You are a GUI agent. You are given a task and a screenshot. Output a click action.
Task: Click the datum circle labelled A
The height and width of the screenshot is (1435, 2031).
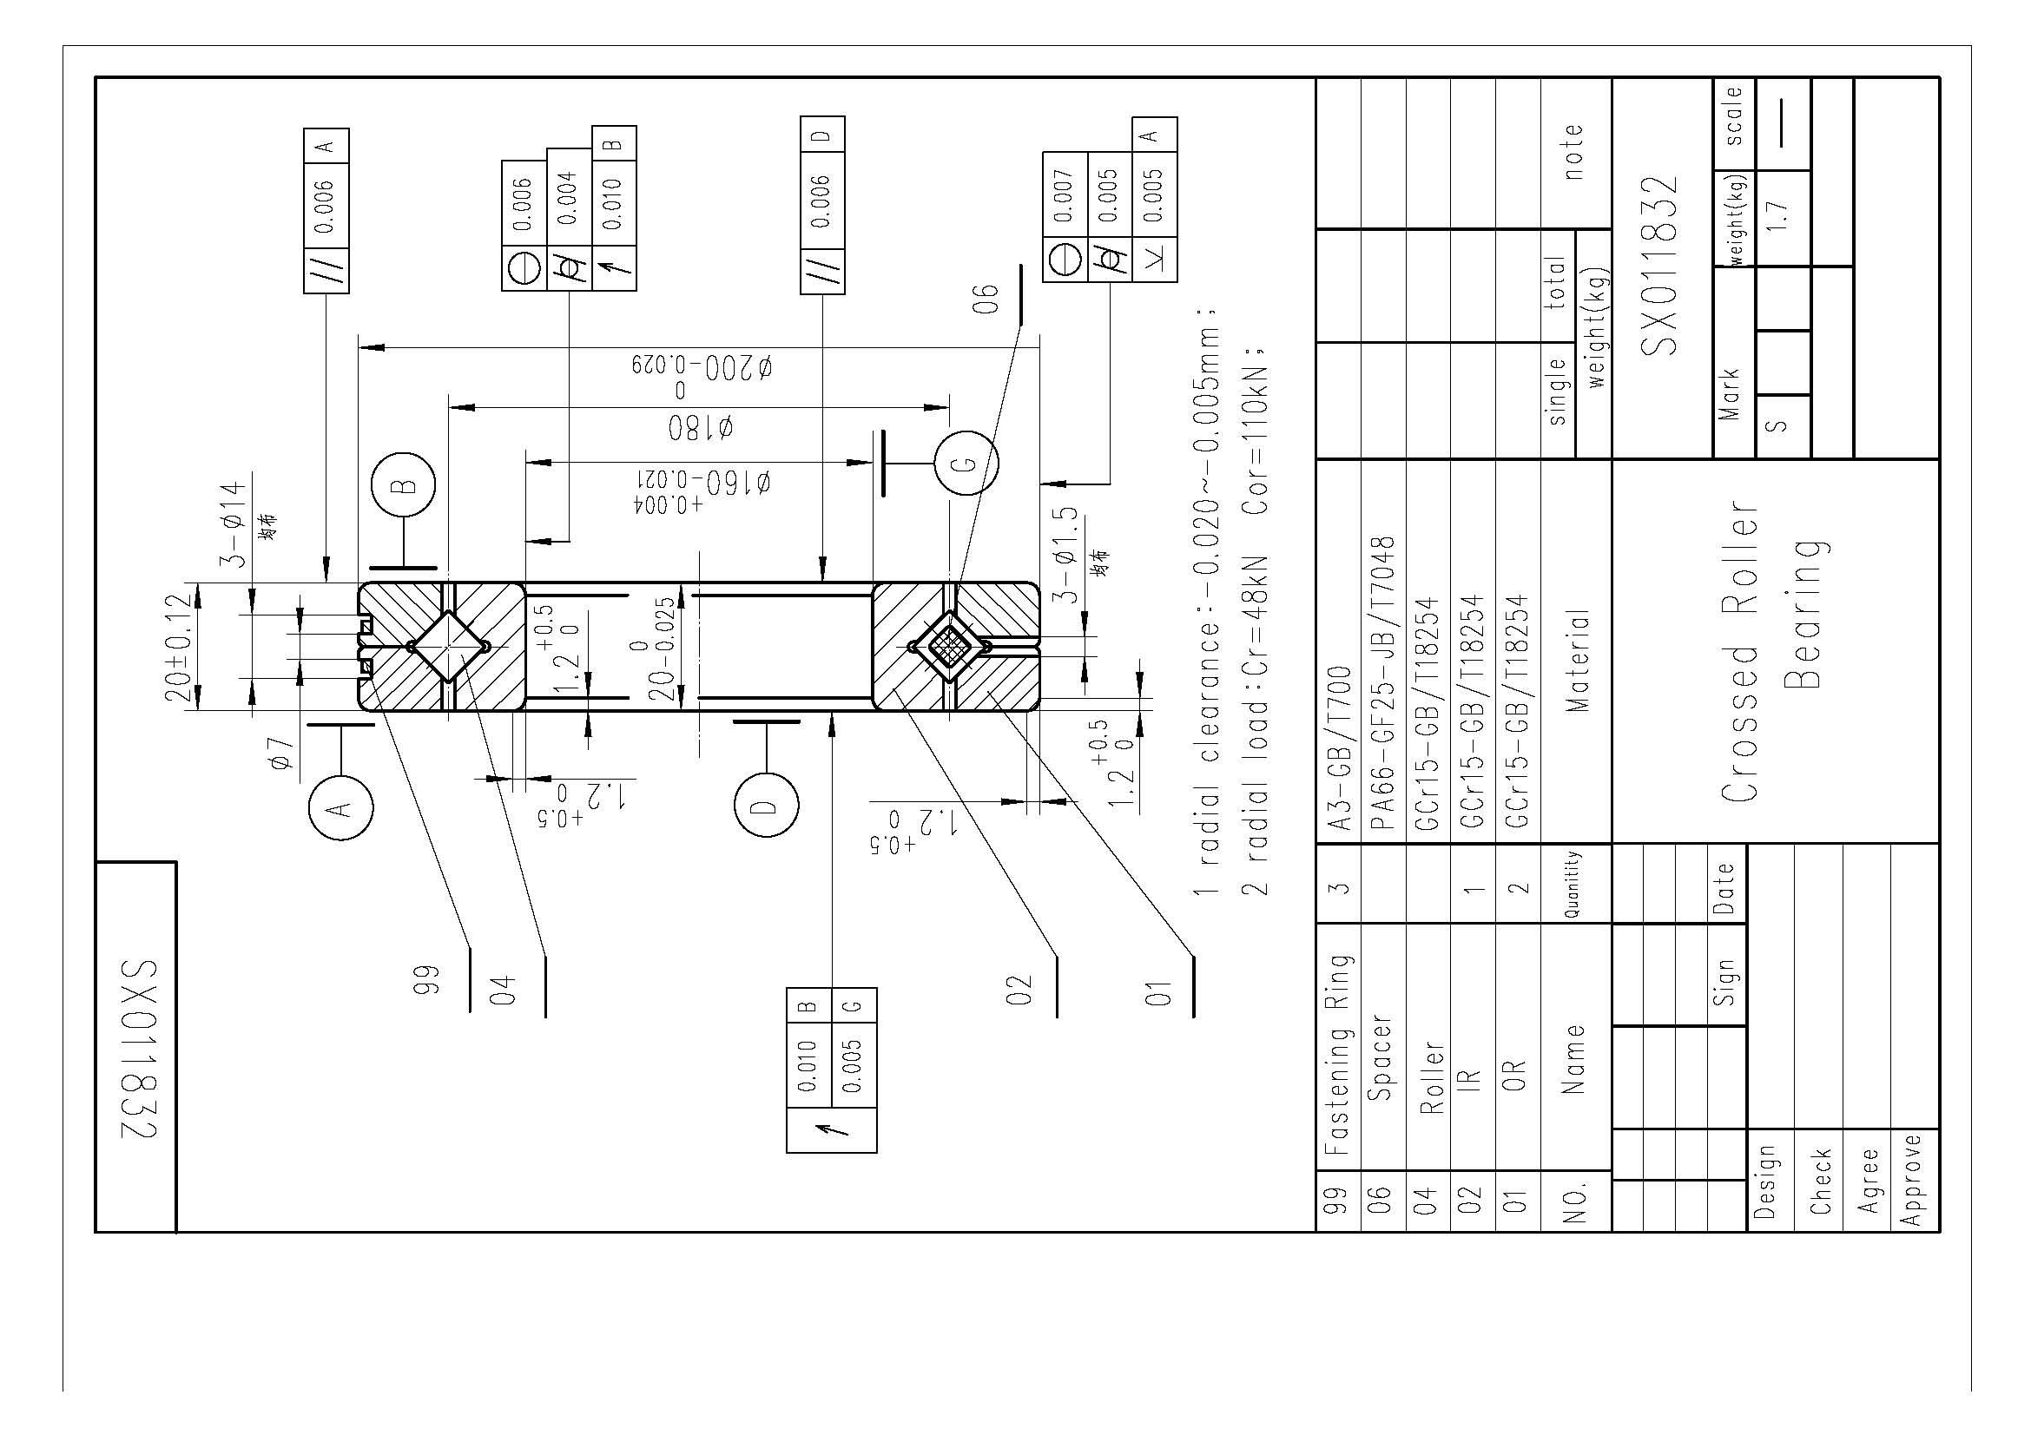(340, 807)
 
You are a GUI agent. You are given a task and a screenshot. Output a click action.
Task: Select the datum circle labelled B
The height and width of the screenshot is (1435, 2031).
(404, 484)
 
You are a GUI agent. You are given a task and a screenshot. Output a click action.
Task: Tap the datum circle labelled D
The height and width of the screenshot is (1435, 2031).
(766, 806)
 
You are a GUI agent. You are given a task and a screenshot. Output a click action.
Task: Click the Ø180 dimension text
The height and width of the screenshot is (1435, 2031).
(700, 429)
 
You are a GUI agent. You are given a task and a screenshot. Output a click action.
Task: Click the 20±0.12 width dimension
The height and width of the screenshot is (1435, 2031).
(177, 648)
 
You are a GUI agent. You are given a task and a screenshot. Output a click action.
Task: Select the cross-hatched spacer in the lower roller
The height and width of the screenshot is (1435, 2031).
(949, 647)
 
